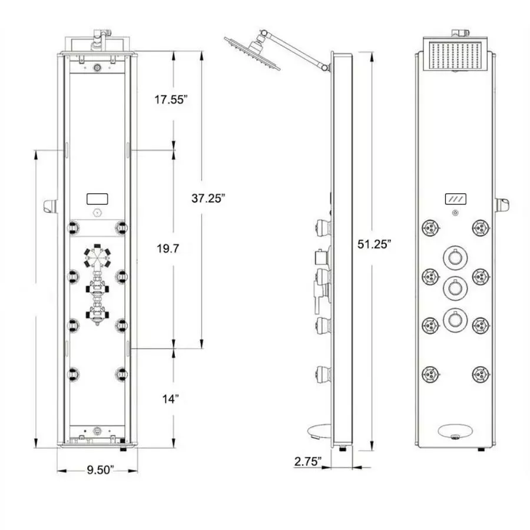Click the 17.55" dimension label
(x=171, y=100)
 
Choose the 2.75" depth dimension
(x=307, y=462)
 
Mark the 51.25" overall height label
(x=373, y=244)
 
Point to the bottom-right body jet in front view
(x=481, y=373)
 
